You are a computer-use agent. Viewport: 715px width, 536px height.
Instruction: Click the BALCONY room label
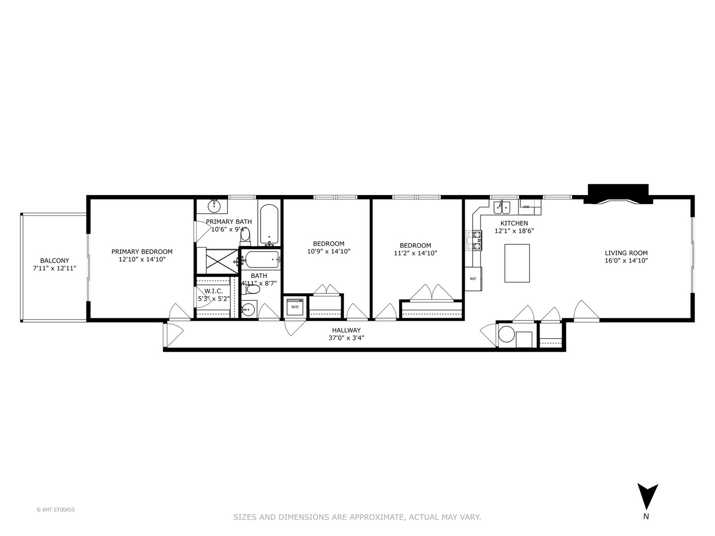click(x=55, y=261)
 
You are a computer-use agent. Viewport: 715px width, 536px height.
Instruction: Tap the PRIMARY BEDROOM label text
click(x=142, y=252)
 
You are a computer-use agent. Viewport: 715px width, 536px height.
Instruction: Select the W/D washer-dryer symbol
click(x=295, y=307)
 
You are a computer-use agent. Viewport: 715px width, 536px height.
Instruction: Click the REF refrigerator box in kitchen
click(x=473, y=278)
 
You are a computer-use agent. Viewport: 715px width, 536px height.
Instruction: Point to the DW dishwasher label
click(x=526, y=206)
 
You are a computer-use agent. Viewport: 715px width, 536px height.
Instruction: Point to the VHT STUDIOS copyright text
click(x=56, y=509)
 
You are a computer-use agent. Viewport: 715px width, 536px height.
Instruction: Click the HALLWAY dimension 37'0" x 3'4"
click(x=346, y=338)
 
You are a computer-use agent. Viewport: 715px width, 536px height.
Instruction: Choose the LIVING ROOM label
click(x=626, y=253)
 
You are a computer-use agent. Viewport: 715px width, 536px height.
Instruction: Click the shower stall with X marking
click(x=218, y=261)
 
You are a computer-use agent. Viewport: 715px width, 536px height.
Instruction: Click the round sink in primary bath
click(x=214, y=205)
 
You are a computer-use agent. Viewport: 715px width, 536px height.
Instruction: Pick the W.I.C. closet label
click(x=213, y=291)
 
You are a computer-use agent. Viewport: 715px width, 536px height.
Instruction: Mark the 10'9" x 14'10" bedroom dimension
click(x=328, y=251)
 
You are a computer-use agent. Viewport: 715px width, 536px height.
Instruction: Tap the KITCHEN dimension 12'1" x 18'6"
click(x=514, y=231)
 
